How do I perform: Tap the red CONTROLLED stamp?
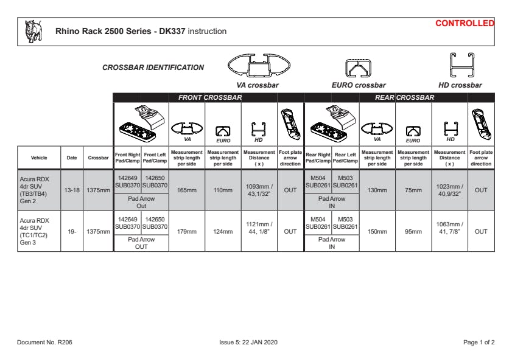(x=465, y=23)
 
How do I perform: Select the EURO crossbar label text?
(x=359, y=85)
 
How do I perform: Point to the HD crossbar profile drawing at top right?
(x=460, y=64)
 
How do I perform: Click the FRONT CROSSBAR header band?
(x=210, y=97)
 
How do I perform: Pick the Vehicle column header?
(x=38, y=158)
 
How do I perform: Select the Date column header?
(x=72, y=158)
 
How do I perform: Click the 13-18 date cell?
(x=72, y=190)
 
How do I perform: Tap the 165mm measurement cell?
(x=187, y=190)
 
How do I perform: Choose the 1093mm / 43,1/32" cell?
(x=259, y=190)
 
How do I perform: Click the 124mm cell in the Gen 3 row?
(x=223, y=231)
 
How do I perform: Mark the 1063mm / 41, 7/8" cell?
(x=450, y=231)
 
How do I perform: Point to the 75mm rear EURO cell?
(x=413, y=190)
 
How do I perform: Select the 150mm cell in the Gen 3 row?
(x=377, y=231)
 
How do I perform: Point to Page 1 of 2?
(x=479, y=343)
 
